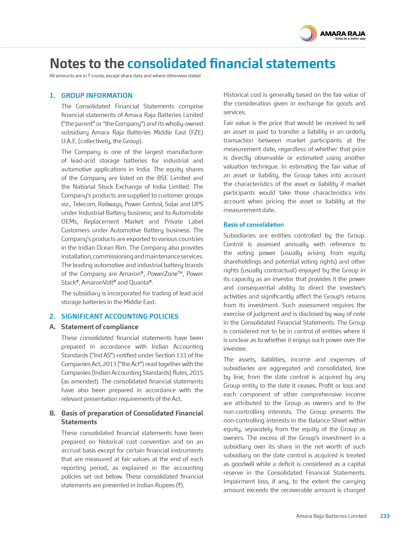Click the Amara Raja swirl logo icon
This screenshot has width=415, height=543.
coord(308,34)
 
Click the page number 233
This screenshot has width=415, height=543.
coord(385,516)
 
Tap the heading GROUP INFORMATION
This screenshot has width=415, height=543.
coord(97,95)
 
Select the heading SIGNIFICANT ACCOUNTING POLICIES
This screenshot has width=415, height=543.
coord(120,316)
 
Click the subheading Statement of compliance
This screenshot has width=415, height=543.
coord(100,327)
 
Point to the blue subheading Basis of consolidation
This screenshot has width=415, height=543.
coord(253,225)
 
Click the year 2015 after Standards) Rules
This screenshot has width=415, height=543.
coord(196,373)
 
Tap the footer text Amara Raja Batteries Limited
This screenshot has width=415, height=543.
coord(331,516)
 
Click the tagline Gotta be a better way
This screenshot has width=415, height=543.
coord(350,39)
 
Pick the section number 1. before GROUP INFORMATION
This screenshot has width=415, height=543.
coord(52,95)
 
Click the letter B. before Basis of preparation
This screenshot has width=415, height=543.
coord(52,413)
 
